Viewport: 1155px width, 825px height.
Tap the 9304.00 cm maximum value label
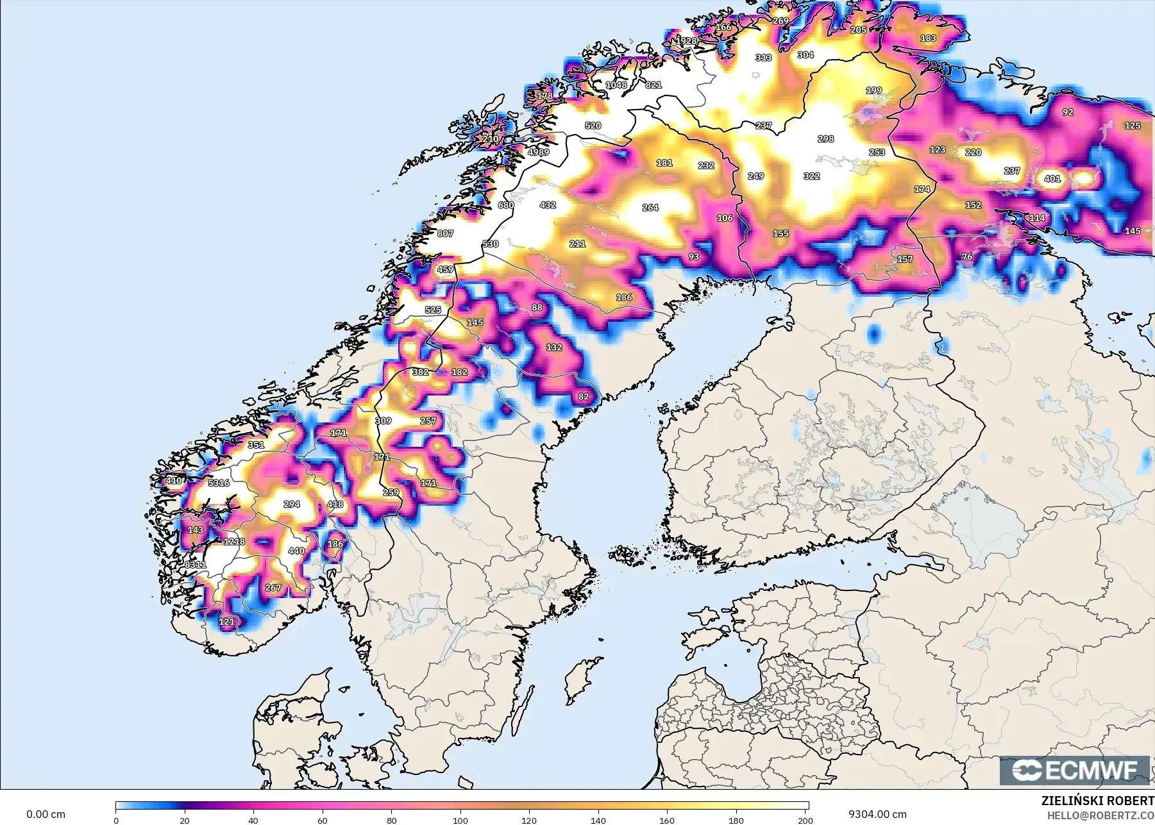[x=877, y=814]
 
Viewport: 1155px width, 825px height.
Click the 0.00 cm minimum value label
[x=46, y=814]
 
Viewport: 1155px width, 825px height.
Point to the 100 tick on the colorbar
[x=460, y=820]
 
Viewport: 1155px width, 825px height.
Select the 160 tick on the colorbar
[x=667, y=820]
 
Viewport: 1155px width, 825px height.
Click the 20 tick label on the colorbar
[x=185, y=820]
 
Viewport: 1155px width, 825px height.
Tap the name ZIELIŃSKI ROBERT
[x=1097, y=801]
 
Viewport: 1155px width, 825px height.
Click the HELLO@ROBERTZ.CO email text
[x=1100, y=815]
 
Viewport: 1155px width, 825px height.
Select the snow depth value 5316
[x=219, y=483]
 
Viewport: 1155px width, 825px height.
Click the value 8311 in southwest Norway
[x=196, y=564]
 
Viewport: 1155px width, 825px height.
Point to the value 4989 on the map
[x=538, y=152]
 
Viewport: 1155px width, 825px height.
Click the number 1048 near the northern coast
[x=616, y=85]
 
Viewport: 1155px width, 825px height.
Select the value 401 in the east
[x=1052, y=179]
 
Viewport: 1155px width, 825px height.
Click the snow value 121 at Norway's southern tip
[x=226, y=621]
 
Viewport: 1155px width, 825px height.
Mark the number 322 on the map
[x=811, y=176]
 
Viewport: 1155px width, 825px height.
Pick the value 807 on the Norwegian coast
[x=445, y=233]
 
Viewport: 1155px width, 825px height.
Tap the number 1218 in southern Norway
[x=234, y=542]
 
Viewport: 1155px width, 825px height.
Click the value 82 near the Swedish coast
[x=583, y=396]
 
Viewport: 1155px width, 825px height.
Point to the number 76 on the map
[x=967, y=256]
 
